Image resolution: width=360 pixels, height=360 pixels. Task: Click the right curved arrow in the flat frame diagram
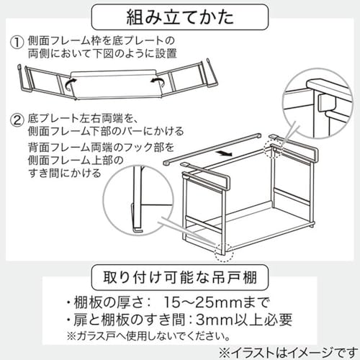coord(155,83)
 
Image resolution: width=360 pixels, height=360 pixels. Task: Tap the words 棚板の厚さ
coord(104,300)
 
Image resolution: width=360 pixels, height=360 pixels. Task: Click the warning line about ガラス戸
coord(151,334)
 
